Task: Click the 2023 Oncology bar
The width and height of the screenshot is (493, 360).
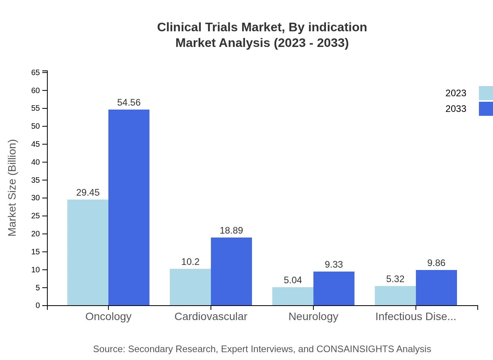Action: coord(88,252)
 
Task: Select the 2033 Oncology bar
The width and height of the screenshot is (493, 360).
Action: coord(129,207)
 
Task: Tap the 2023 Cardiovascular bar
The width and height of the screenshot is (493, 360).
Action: coord(190,287)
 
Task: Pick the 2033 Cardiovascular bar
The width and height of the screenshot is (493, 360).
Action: coord(231,271)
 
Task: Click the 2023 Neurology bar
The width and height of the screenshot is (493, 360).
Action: coord(293,296)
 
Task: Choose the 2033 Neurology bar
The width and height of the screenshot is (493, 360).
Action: coord(334,288)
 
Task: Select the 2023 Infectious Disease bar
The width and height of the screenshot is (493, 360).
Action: coord(395,295)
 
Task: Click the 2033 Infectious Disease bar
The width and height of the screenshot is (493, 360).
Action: coord(436,288)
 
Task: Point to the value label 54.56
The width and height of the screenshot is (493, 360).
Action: coord(129,103)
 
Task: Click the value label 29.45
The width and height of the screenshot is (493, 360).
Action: coord(88,193)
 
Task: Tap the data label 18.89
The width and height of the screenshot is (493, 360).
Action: coord(231,230)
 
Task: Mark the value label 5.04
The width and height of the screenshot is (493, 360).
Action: coord(293,280)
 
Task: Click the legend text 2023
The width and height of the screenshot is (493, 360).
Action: coord(456,93)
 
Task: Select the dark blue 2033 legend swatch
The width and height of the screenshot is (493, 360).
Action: coord(486,109)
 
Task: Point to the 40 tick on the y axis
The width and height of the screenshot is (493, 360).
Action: coord(36,162)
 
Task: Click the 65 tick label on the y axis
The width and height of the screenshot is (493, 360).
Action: coord(36,72)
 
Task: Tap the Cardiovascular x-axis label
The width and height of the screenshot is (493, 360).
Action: coord(211,316)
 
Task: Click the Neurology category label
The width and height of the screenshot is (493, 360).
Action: coord(313,316)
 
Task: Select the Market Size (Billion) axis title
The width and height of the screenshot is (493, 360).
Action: coord(13,188)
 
